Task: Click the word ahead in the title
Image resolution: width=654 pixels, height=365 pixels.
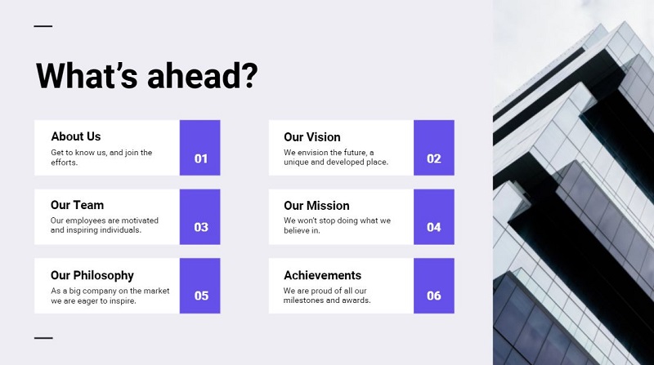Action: [x=202, y=75]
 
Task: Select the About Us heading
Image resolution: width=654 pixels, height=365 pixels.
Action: [x=76, y=136]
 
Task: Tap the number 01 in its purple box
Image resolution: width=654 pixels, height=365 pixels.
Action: [x=200, y=158]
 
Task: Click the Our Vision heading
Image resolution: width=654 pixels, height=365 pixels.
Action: [x=311, y=136]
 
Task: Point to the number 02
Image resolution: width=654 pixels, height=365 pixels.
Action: [x=433, y=158]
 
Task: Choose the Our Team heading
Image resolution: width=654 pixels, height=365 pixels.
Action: [x=77, y=205]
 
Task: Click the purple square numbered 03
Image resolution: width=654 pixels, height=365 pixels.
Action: [x=200, y=217]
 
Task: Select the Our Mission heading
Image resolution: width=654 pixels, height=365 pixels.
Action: [x=316, y=206]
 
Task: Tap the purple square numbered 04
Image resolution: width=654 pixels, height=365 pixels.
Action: [x=433, y=217]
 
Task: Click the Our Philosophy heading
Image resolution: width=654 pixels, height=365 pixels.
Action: [x=92, y=275]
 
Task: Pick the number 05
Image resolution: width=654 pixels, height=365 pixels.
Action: [x=201, y=296]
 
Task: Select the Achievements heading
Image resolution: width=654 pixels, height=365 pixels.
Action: [x=322, y=275]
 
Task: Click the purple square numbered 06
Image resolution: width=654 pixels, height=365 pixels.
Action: [x=433, y=286]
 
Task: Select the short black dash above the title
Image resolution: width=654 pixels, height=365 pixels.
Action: [x=43, y=26]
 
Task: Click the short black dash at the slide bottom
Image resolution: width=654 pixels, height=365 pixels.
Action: [x=43, y=337]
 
